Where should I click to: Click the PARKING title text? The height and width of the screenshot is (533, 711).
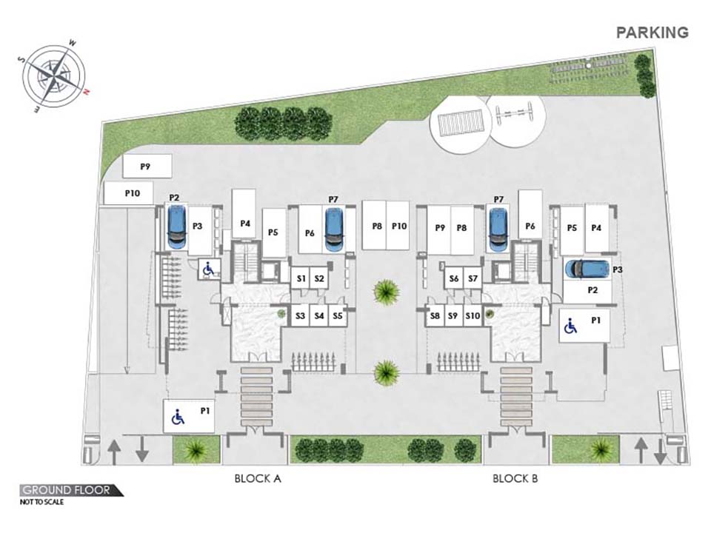(x=652, y=33)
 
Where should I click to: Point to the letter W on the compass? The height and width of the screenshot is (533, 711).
(x=72, y=44)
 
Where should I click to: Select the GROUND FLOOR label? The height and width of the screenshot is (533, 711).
(x=66, y=490)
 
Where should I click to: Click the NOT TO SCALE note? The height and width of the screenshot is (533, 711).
(x=41, y=502)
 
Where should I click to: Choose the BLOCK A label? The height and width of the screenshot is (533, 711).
(x=258, y=478)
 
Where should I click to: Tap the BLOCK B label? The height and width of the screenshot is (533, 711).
(x=515, y=478)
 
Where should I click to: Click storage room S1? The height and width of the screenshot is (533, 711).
(x=301, y=279)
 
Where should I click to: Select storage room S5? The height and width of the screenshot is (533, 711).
(x=338, y=315)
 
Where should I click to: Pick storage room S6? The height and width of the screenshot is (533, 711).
(x=454, y=279)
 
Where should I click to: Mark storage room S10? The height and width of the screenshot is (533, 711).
(x=473, y=316)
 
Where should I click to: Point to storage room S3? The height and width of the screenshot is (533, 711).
(x=300, y=315)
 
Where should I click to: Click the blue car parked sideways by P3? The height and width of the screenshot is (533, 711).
(x=587, y=269)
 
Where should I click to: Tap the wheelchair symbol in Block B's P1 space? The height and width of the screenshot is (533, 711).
(x=570, y=326)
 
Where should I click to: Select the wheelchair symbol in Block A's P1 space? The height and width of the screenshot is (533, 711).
(x=178, y=417)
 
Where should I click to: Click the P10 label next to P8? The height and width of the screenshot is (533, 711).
(x=399, y=226)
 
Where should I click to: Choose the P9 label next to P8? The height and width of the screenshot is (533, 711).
(x=440, y=227)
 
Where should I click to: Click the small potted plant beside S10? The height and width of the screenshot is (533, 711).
(x=490, y=314)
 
